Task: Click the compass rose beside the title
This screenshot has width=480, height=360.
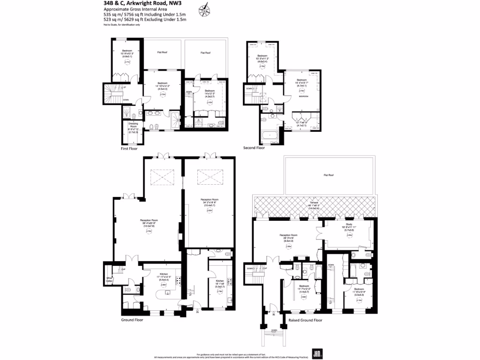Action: tap(204, 7)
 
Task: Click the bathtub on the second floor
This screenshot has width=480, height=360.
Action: tap(270, 137)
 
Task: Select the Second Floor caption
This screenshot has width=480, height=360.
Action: tap(254, 148)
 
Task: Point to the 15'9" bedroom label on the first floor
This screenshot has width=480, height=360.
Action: tap(127, 52)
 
